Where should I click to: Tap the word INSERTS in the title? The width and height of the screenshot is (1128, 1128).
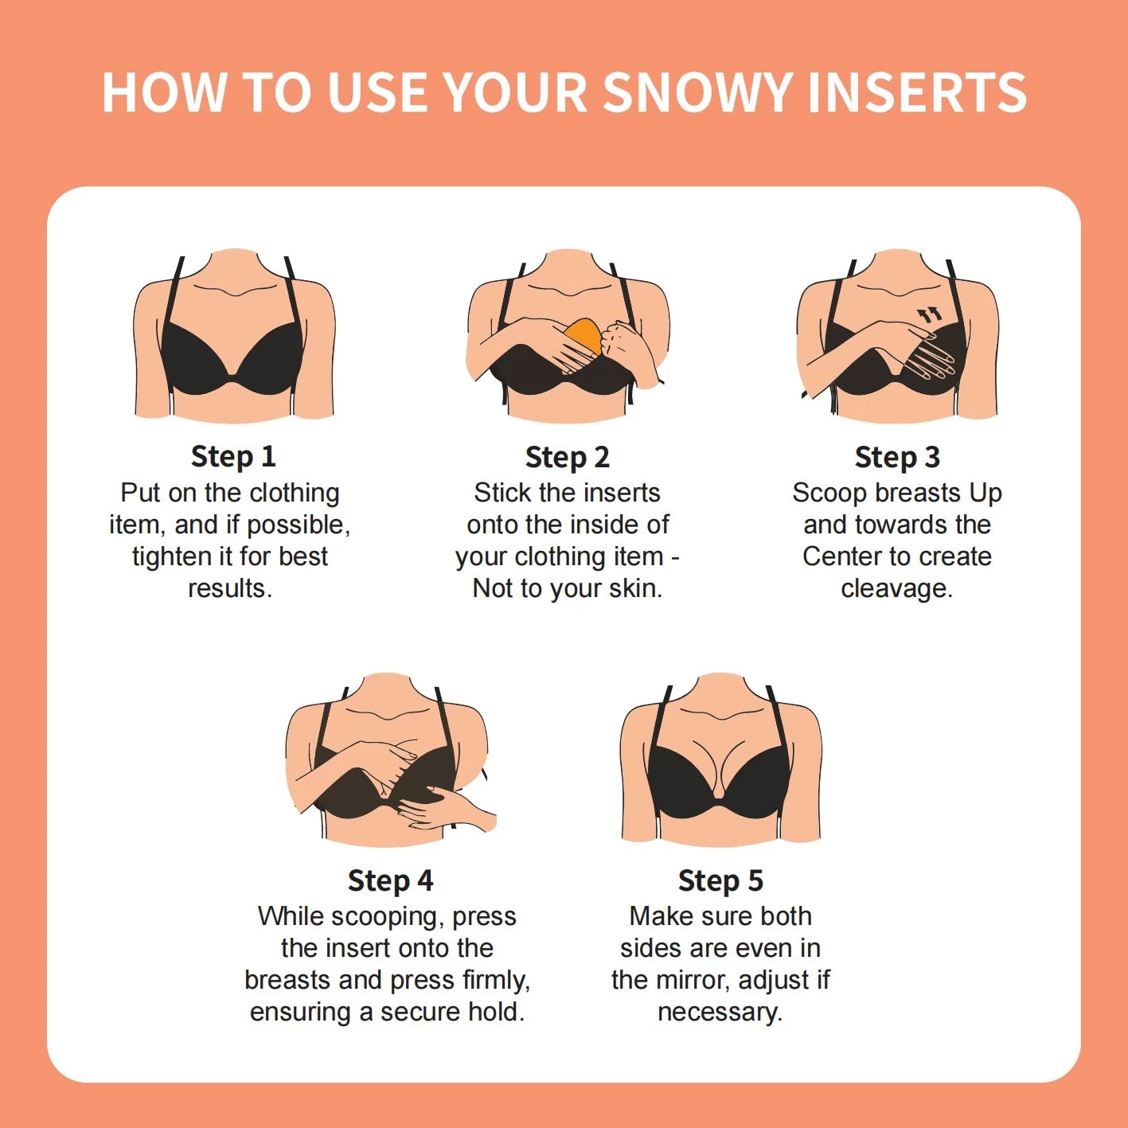pos(916,92)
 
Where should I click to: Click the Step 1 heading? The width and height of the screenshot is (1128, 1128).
pos(232,456)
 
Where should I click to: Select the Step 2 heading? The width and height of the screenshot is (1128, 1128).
pos(567,457)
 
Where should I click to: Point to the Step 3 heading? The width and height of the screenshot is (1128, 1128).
pos(896,457)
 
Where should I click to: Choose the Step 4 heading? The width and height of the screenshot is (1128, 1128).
pos(390,880)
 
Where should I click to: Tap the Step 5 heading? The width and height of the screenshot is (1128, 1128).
pos(720,880)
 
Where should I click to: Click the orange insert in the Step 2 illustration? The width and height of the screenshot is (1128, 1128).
pos(584,334)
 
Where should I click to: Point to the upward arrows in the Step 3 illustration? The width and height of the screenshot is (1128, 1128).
pos(929,315)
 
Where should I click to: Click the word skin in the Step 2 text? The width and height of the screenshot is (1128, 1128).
pos(632,588)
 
